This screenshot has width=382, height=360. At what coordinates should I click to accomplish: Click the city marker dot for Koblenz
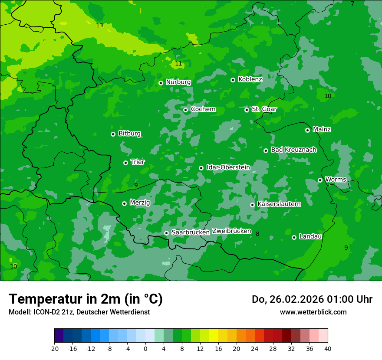coord(233,80)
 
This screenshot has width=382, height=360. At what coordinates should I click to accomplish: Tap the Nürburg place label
coord(178,82)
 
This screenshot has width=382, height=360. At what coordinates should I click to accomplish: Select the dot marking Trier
coord(126,163)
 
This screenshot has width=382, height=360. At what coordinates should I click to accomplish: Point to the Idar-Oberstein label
coord(228,167)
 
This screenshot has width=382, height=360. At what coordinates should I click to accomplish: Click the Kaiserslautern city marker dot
coord(252,205)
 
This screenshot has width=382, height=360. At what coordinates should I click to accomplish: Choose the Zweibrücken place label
coord(231,231)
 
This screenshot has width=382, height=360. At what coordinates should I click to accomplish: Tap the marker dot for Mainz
coord(307,130)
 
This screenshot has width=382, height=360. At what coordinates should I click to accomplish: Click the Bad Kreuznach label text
coord(293,150)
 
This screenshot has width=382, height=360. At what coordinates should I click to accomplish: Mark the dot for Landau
coord(294,237)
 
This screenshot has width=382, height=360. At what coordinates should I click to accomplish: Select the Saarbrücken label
coord(190,232)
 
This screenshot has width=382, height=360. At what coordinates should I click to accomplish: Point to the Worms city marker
coord(320,180)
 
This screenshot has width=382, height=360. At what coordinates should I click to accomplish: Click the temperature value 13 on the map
coord(99,26)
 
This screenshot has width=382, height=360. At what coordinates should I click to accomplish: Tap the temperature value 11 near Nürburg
coord(178,64)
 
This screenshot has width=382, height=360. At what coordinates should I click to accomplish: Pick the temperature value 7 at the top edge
coord(352,4)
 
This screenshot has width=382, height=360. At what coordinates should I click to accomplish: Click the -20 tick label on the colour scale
coord(54,349)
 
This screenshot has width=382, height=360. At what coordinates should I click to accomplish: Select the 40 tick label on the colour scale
coord(328,349)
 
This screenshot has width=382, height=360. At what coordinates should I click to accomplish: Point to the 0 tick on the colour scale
coord(145,349)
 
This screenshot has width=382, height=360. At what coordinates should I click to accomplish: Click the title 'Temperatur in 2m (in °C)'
coord(86,299)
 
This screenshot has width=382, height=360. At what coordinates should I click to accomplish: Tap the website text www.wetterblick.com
coord(313,312)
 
